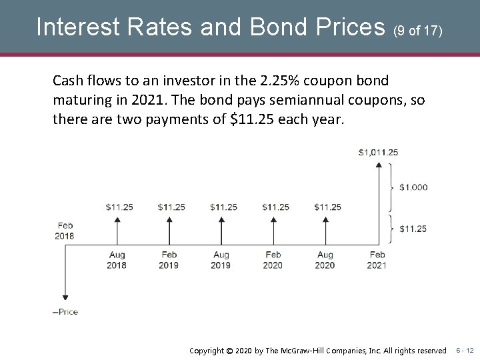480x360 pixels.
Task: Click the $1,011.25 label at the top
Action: pyautogui.click(x=378, y=152)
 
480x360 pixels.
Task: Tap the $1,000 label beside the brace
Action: pyautogui.click(x=413, y=187)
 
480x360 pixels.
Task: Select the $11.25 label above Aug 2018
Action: pyautogui.click(x=119, y=207)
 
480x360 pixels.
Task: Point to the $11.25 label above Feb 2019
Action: pyautogui.click(x=171, y=207)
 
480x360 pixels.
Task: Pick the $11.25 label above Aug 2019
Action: pyautogui.click(x=223, y=207)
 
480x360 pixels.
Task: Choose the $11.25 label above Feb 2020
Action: pyautogui.click(x=275, y=207)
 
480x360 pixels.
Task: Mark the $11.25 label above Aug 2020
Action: pyautogui.click(x=327, y=207)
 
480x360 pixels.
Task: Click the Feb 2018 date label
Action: pyautogui.click(x=65, y=231)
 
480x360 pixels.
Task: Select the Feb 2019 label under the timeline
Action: pyautogui.click(x=169, y=260)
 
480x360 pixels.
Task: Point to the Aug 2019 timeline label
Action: pyautogui.click(x=221, y=260)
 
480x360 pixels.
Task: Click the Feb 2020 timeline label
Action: pyautogui.click(x=273, y=260)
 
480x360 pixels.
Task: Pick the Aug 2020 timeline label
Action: pyautogui.click(x=325, y=260)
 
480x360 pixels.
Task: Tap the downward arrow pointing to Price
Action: pyautogui.click(x=65, y=280)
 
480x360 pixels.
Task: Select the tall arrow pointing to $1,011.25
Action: pyautogui.click(x=378, y=200)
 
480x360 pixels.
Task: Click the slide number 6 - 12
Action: pyautogui.click(x=465, y=350)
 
